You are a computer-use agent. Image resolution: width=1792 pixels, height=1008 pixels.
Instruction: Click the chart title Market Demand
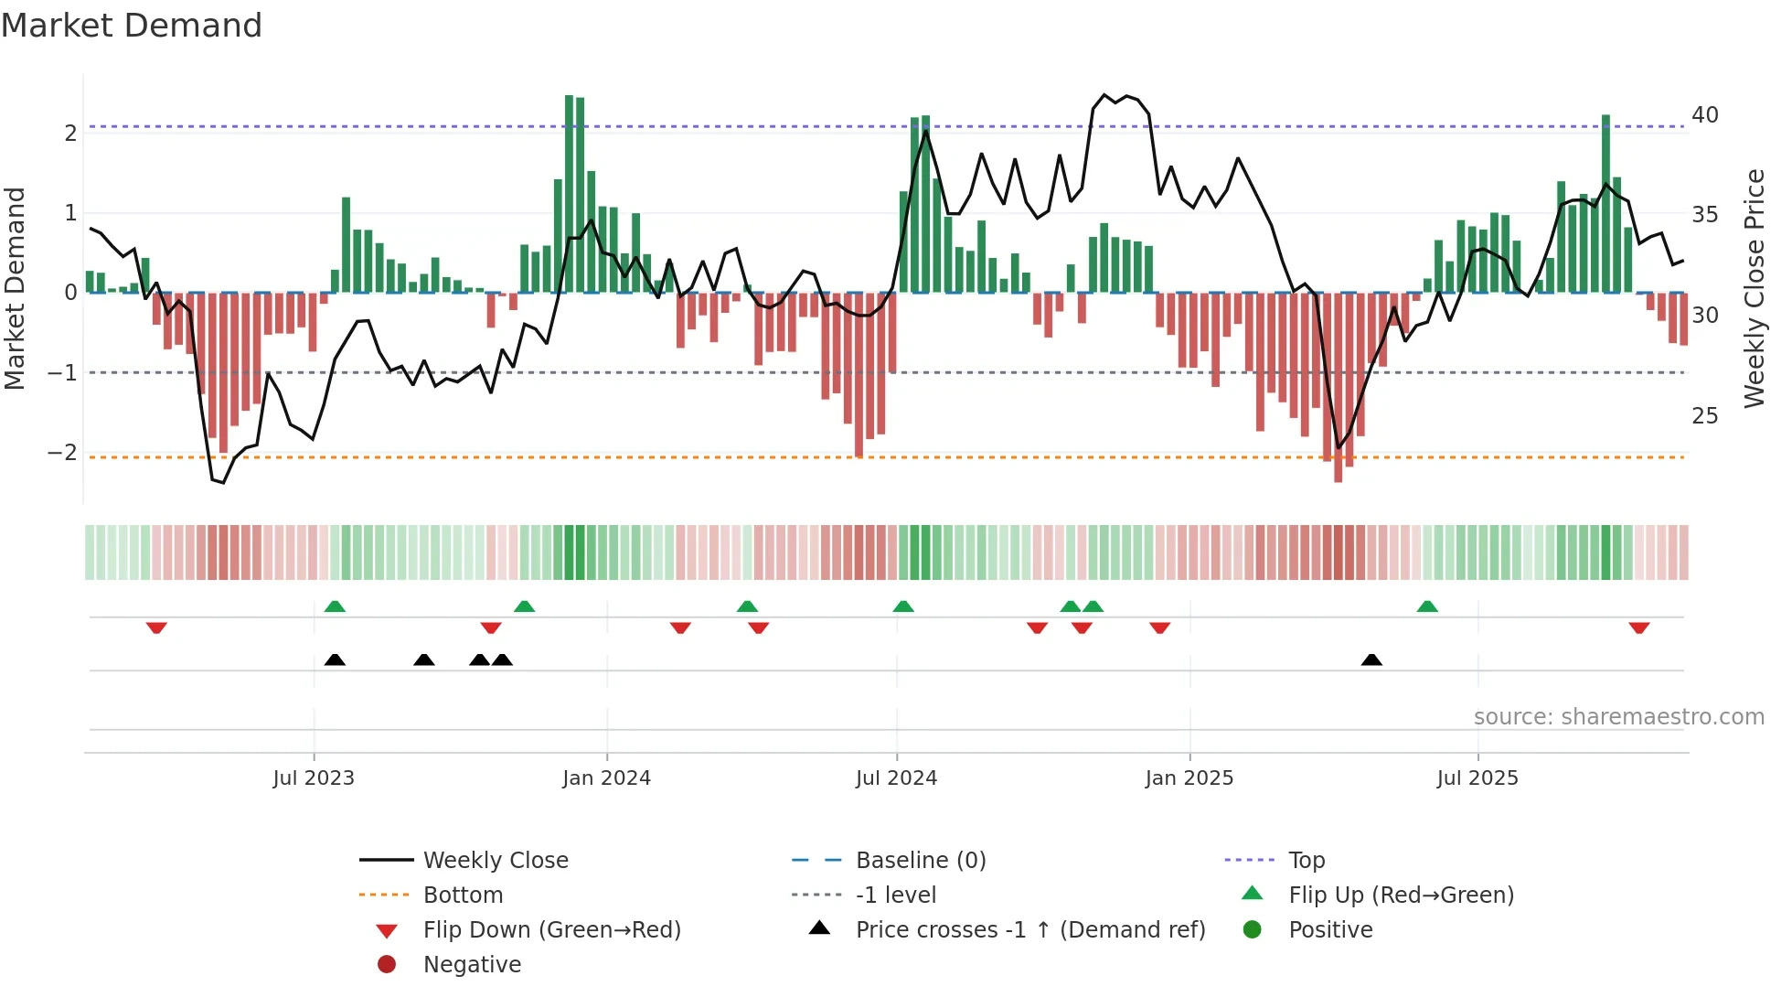pos(132,26)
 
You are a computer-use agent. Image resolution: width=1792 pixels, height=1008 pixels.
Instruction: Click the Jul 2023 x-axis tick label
pos(313,778)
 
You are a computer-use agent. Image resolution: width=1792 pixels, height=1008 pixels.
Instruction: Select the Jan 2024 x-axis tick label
pos(606,778)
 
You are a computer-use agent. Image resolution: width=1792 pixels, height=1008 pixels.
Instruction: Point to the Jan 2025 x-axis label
pos(1189,778)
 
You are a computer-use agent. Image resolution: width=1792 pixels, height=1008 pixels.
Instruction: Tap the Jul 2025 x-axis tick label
pos(1477,778)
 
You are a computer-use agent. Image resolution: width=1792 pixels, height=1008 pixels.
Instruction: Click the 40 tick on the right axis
pos(1704,115)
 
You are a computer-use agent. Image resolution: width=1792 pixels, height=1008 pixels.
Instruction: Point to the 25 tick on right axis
pos(1704,416)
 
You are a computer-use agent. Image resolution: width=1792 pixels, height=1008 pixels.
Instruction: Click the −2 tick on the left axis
pos(62,453)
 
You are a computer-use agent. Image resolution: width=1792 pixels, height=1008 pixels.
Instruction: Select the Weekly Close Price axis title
pos(1754,288)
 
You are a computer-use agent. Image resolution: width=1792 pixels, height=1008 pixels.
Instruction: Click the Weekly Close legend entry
pos(495,861)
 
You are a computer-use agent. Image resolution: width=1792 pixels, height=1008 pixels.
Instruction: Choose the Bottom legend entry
pos(463,895)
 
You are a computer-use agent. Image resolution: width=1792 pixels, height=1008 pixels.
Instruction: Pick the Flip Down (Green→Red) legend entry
pos(551,930)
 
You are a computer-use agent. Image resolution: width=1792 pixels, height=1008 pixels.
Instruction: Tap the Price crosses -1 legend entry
pos(1029,930)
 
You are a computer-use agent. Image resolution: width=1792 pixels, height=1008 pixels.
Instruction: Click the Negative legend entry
pos(472,965)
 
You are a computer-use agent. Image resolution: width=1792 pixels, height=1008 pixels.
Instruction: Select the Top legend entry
pos(1306,861)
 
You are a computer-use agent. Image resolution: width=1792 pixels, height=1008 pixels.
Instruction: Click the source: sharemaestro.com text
pos(1618,717)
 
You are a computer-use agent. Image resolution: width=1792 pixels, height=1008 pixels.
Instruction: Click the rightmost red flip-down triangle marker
pos(1638,627)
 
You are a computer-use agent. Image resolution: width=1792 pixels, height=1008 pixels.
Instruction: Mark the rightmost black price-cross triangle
pos(1371,660)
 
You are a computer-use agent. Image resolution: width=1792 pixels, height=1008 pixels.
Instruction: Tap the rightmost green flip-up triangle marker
pos(1427,606)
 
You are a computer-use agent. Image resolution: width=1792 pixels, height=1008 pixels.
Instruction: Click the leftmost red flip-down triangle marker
pos(156,627)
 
